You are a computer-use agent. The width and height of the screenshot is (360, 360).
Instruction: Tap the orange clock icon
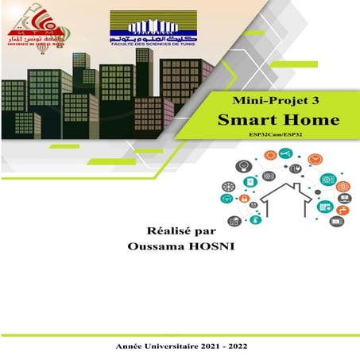tap(315, 160)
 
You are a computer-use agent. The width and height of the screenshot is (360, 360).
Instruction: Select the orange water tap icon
tap(342, 210)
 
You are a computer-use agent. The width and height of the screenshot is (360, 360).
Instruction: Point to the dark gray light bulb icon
tap(243, 166)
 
